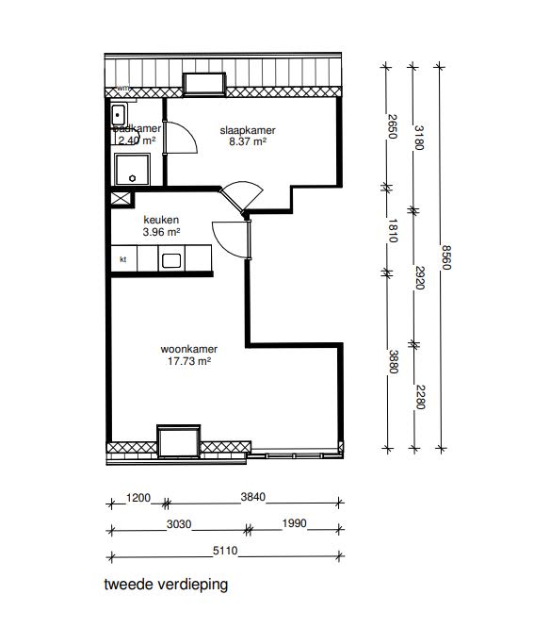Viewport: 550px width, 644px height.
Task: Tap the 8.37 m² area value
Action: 248,142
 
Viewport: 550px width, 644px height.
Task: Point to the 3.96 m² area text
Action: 160,231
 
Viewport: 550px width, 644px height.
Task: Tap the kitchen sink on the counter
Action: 171,260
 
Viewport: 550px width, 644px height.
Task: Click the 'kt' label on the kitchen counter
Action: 122,260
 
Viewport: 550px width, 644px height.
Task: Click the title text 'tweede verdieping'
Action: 165,584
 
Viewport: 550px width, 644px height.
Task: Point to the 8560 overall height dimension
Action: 445,256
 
